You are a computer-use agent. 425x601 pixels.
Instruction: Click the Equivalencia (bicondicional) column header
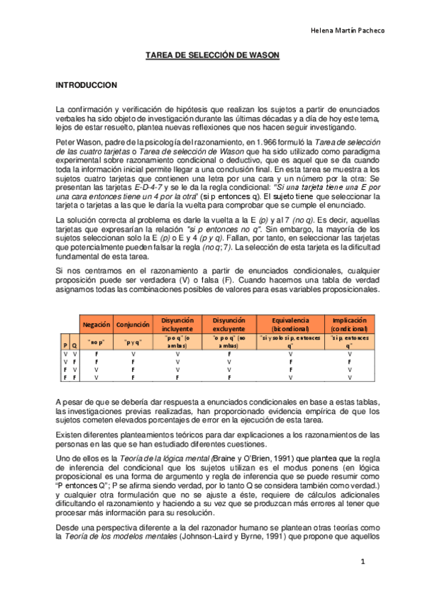(x=290, y=325)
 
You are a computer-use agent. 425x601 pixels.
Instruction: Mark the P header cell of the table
(x=65, y=344)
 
